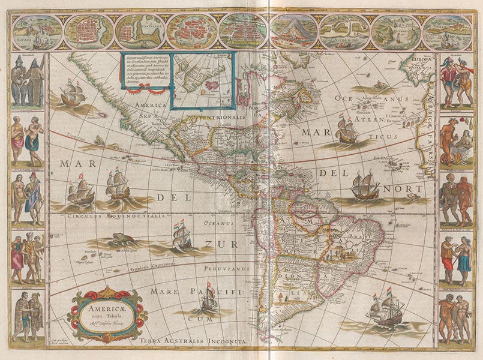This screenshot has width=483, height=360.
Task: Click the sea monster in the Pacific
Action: click(x=122, y=239)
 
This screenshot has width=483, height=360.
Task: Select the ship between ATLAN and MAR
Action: click(x=347, y=128)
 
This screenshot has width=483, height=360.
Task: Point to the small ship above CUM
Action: click(x=207, y=298)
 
